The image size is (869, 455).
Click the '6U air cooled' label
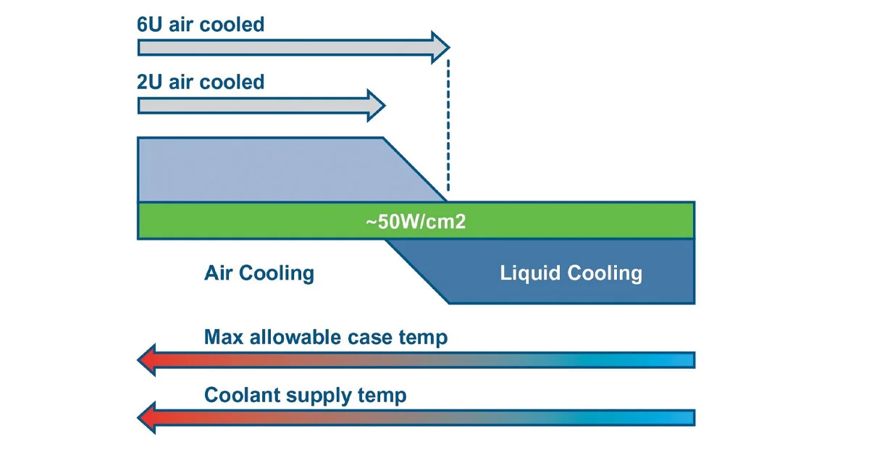(201, 25)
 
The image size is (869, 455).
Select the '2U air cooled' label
(201, 82)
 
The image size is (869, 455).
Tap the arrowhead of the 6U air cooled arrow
(440, 48)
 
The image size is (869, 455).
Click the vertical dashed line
(448, 130)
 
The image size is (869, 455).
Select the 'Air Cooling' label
(259, 273)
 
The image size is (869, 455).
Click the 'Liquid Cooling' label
(571, 273)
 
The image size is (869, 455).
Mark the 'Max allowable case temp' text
(326, 337)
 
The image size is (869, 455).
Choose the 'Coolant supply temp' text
(305, 396)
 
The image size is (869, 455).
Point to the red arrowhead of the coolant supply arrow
(148, 418)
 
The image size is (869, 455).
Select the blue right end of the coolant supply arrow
(681, 418)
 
